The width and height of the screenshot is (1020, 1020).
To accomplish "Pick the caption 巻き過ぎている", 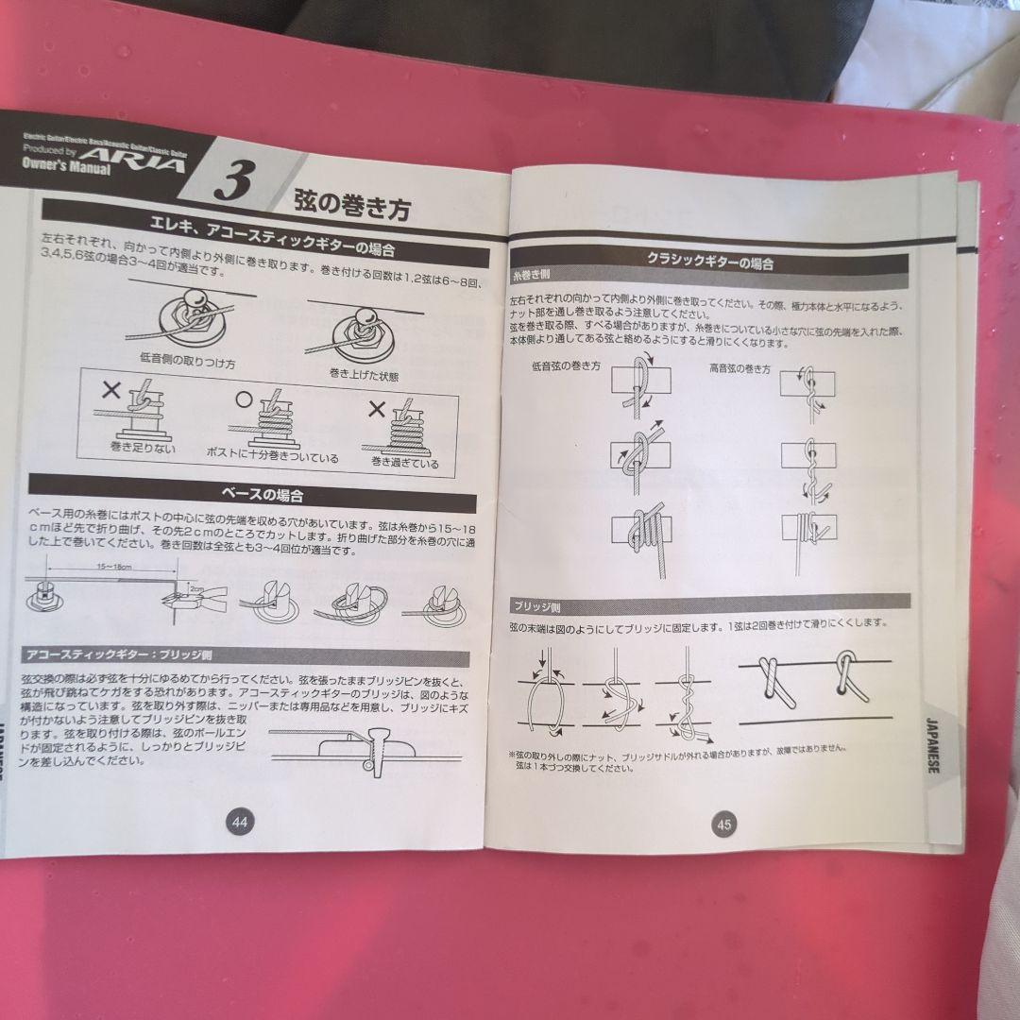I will coord(405,462).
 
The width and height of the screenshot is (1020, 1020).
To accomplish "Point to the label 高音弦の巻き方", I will coord(741,369).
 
